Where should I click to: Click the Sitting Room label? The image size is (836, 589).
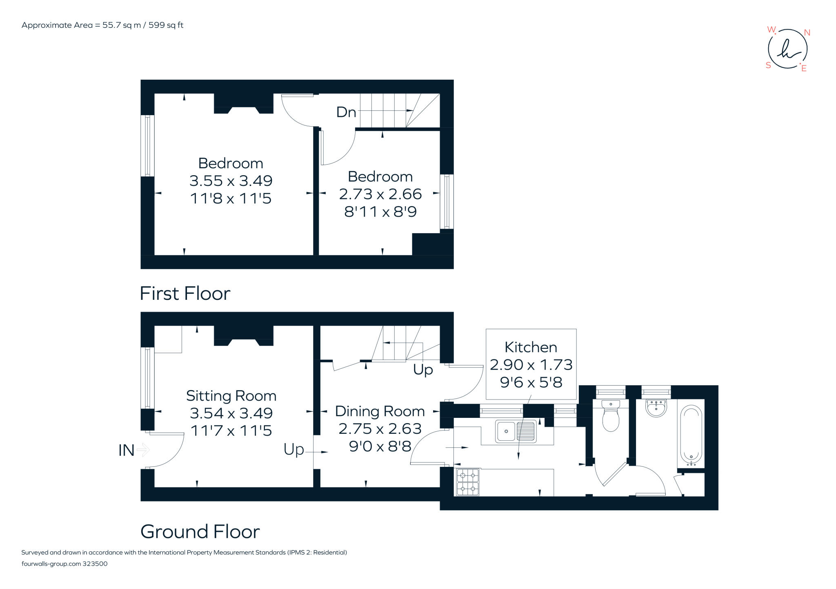tap(231, 396)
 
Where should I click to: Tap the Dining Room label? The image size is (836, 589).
tap(380, 411)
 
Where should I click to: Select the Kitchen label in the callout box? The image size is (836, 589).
tap(531, 347)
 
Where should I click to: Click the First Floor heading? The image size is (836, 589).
tap(185, 293)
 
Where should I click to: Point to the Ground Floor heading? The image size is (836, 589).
tap(200, 531)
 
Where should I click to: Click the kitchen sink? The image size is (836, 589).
tap(516, 431)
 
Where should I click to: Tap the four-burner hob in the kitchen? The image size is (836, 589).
tap(467, 482)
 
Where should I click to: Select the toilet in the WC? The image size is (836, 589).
tap(611, 417)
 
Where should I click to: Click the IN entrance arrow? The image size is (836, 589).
tap(142, 450)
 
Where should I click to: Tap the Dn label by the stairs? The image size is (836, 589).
tap(346, 112)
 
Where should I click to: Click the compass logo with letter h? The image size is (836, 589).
tap(787, 49)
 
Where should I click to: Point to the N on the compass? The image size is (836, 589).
tap(807, 33)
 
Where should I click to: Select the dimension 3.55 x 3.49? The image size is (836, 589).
tap(231, 181)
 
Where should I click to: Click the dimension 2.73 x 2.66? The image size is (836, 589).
tap(380, 194)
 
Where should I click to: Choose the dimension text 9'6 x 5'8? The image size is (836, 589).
tap(531, 382)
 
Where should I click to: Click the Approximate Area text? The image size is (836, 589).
tap(102, 25)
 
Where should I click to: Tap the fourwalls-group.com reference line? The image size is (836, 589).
tap(64, 564)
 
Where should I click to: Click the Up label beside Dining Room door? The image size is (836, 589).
tap(294, 449)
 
